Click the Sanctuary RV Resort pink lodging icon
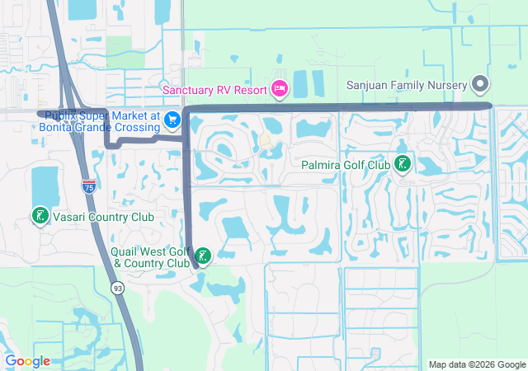279,88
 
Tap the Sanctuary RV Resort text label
214,89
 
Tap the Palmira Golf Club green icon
403,165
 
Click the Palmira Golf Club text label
345,165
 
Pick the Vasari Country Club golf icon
39,216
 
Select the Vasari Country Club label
103,216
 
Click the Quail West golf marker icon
202,255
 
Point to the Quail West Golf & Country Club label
151,256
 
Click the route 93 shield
120,286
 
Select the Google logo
27,361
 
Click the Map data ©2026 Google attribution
477,364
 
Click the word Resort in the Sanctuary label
251,89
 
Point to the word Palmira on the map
317,165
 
